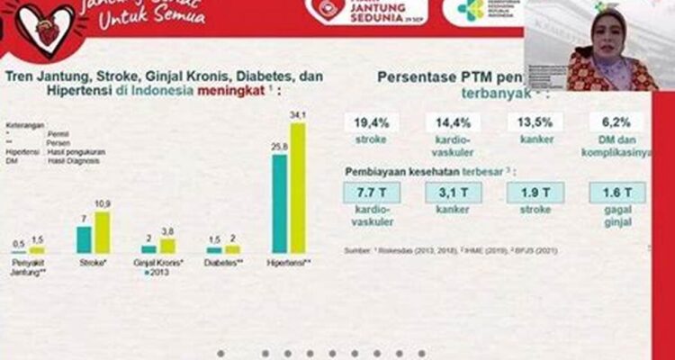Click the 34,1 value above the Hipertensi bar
[x=298, y=115]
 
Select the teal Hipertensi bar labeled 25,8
[x=280, y=204]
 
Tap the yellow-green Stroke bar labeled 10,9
[x=102, y=232]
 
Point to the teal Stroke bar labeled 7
[x=84, y=239]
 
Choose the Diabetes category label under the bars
[x=224, y=264]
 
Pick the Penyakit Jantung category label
[x=30, y=267]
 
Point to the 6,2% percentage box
[x=616, y=122]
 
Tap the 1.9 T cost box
[x=535, y=192]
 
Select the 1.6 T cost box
[x=616, y=192]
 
